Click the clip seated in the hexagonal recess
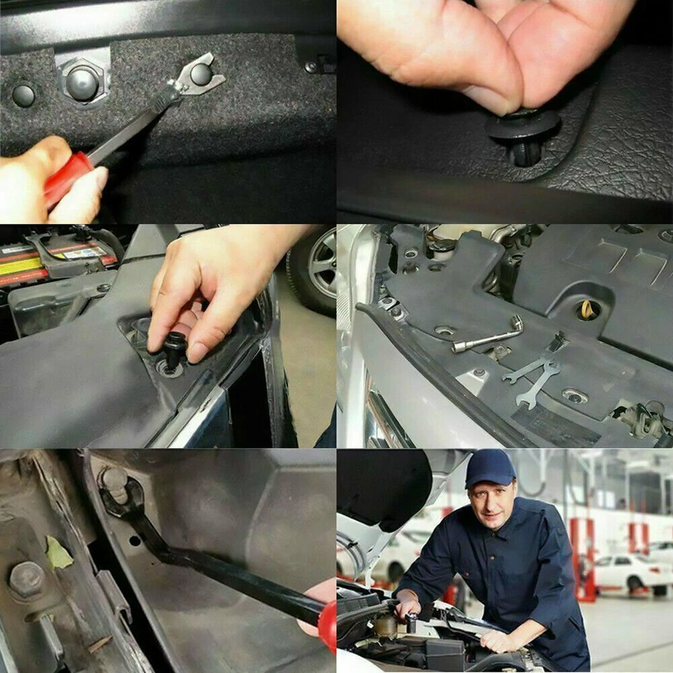pyautogui.click(x=82, y=83)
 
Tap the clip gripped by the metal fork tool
pyautogui.click(x=200, y=74)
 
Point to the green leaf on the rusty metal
pyautogui.click(x=58, y=553)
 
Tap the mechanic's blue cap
pyautogui.click(x=489, y=468)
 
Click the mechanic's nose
pyautogui.click(x=495, y=503)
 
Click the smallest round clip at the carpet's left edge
pyautogui.click(x=23, y=95)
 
